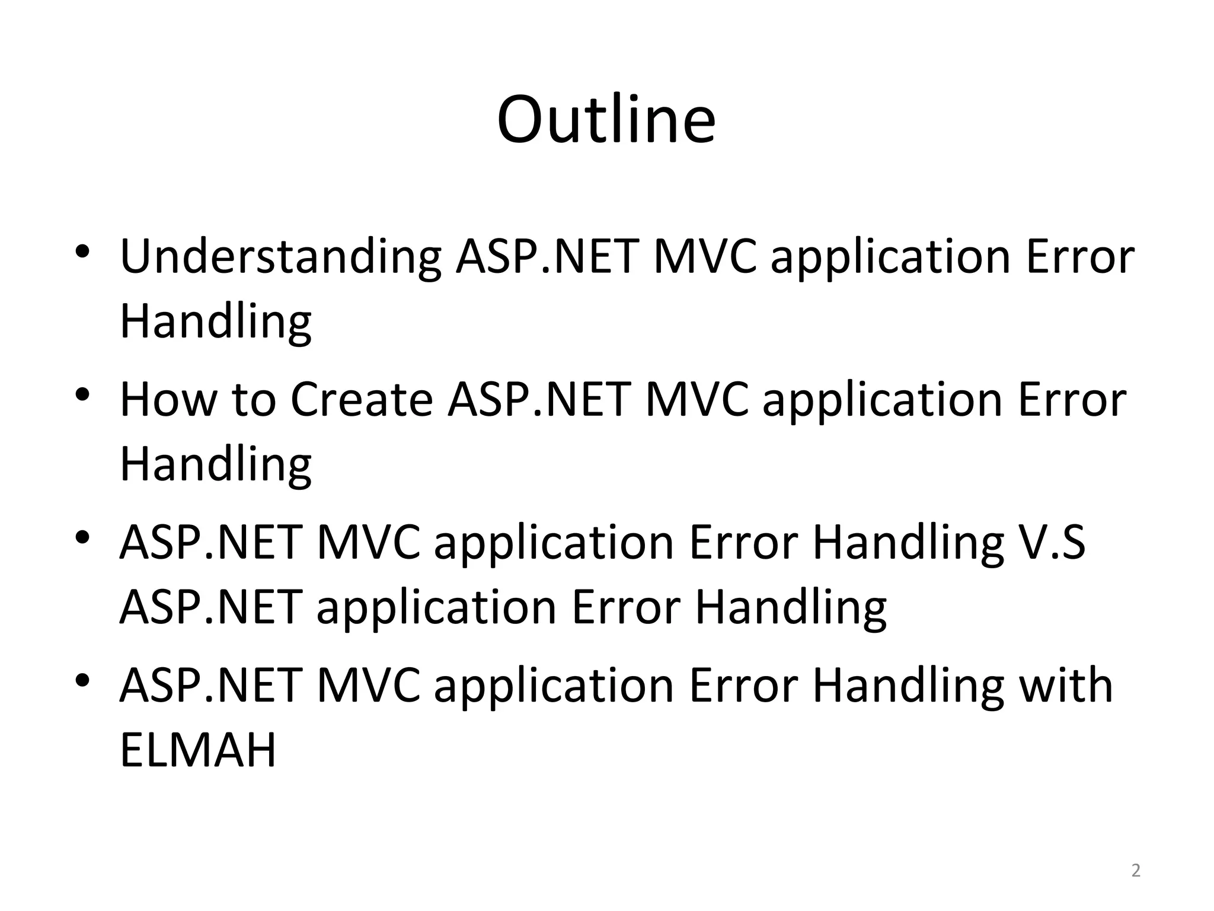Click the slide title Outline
pos(606,120)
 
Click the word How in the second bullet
pos(168,399)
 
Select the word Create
pos(362,399)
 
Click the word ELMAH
pos(198,750)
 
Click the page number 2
pos(1135,871)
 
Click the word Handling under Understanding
pos(216,321)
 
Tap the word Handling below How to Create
pos(216,464)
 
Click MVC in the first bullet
pos(705,256)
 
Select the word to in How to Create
pos(254,399)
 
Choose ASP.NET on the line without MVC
pos(212,607)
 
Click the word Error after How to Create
pos(1072,399)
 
